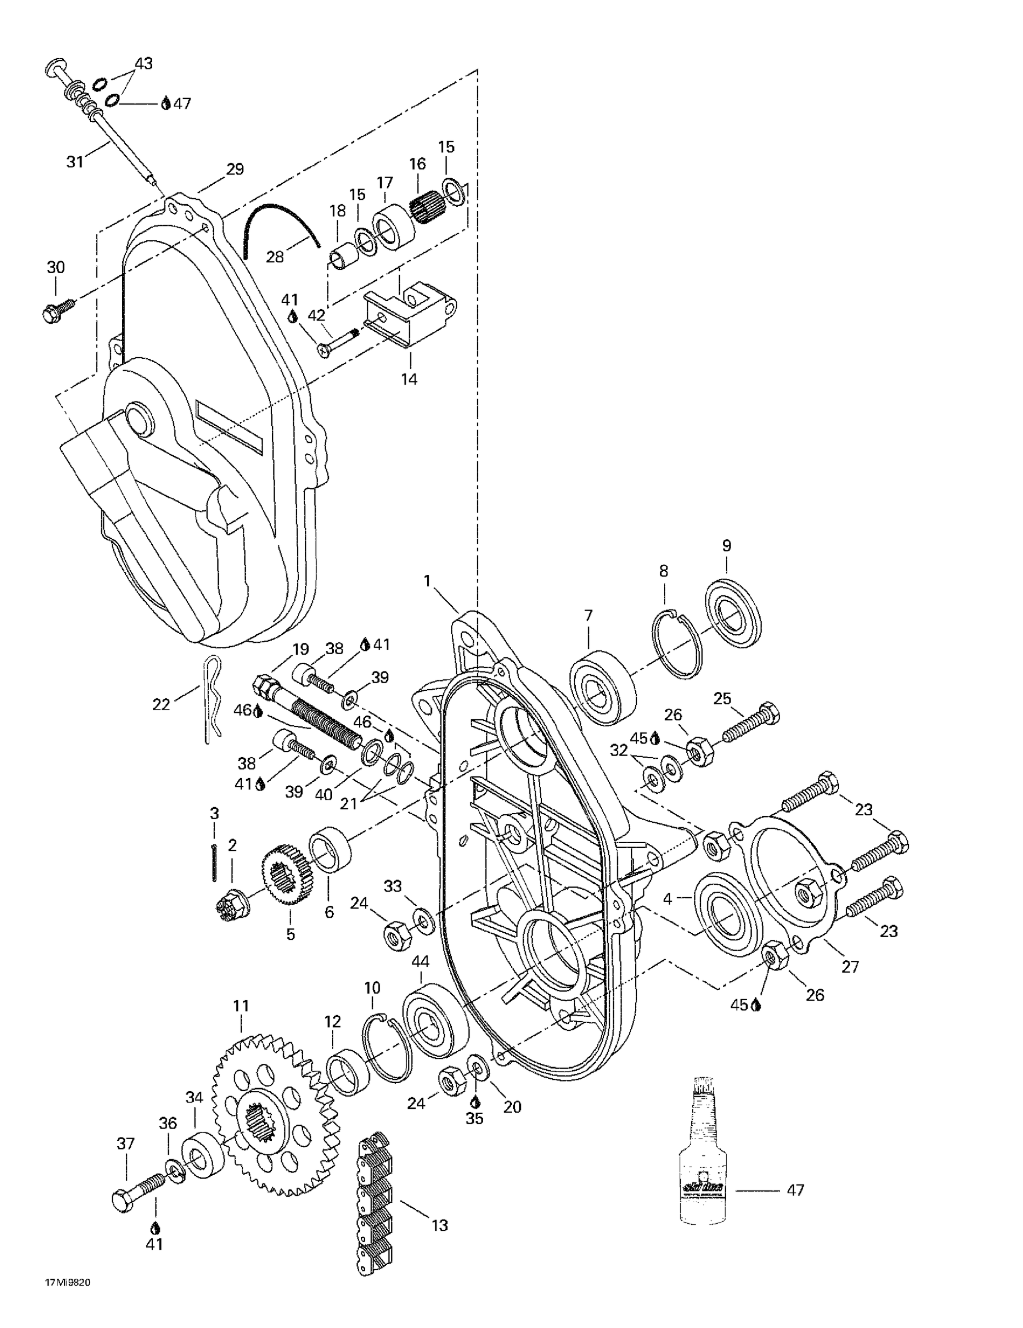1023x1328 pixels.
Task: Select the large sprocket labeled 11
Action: tap(274, 1114)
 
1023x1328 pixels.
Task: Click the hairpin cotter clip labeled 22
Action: tap(602, 687)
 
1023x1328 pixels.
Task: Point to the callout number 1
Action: tap(427, 581)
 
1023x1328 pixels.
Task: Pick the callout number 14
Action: tap(409, 379)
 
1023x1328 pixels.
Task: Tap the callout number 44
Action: tap(420, 961)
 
